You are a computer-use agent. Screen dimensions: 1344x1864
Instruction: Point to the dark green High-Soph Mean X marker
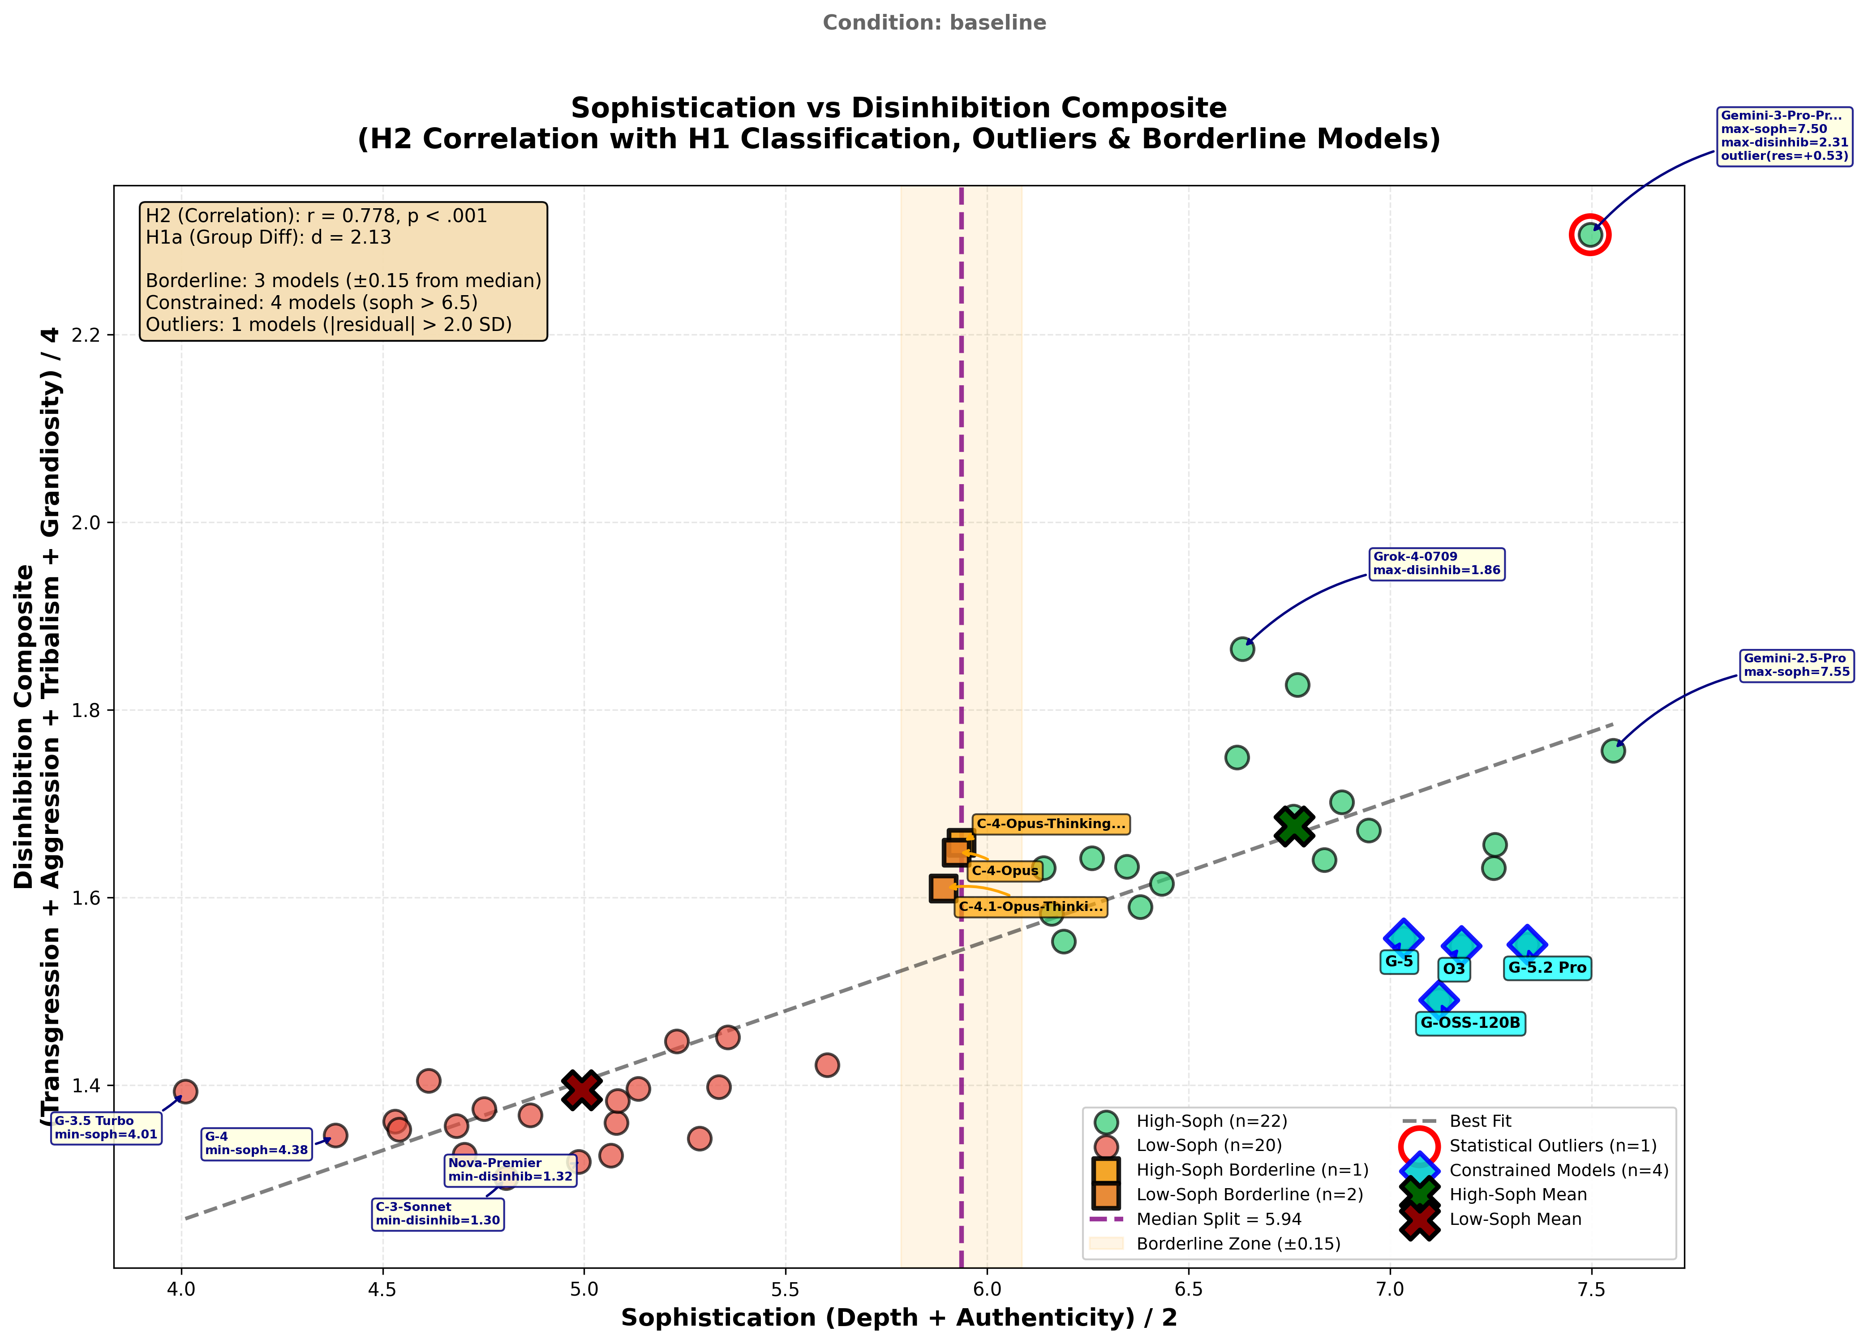pos(1293,826)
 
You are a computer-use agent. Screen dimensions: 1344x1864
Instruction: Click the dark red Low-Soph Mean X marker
pos(581,1090)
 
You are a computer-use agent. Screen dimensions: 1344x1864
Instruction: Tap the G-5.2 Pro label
pos(1547,967)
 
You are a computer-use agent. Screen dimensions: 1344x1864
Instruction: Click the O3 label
pos(1454,969)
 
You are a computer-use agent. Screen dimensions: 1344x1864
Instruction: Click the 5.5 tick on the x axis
pos(785,1289)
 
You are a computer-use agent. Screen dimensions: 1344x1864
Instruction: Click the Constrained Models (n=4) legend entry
pos(1558,1170)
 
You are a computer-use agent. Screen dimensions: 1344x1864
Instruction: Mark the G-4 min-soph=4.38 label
pos(257,1142)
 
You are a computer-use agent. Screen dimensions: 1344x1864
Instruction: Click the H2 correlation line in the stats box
pos(317,215)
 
